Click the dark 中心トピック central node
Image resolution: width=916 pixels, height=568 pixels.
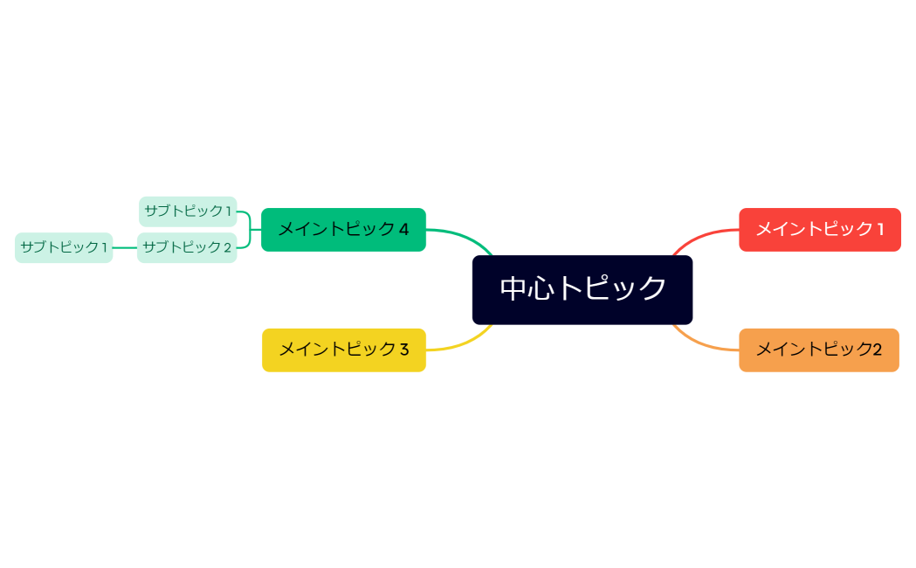582,289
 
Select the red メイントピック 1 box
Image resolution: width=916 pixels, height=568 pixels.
819,230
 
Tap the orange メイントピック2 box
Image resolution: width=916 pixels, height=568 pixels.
818,350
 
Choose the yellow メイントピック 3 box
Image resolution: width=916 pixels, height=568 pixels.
343,350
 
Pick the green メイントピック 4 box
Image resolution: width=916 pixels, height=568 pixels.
343,230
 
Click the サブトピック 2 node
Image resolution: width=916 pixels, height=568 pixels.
187,247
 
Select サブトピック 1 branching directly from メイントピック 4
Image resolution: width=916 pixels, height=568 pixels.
188,211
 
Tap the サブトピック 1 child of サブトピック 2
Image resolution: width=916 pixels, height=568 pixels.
64,247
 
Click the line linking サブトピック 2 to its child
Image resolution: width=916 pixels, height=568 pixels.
125,247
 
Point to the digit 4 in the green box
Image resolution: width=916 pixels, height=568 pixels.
403,230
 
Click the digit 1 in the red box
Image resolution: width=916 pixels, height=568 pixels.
880,230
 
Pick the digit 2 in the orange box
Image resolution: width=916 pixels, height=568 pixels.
877,350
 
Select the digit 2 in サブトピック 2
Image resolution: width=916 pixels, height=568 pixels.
227,247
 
